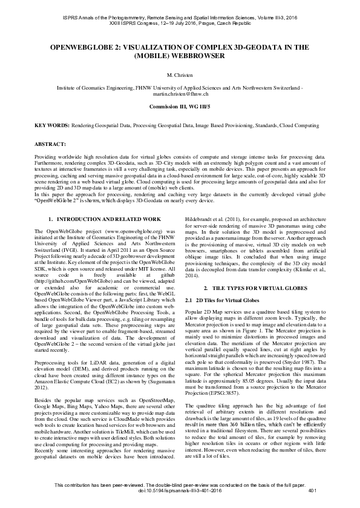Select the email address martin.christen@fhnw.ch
coord(180,94)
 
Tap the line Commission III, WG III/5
coord(180,106)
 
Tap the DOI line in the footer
coord(180,498)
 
